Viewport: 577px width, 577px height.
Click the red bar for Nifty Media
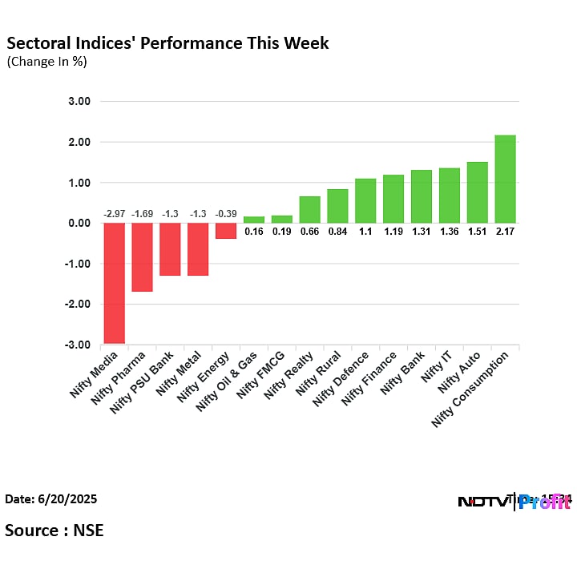point(114,283)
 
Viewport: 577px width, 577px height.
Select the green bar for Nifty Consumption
point(505,180)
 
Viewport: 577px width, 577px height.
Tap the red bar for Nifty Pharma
point(142,257)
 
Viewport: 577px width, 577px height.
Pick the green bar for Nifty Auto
point(477,192)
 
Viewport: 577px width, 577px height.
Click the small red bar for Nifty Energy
point(226,231)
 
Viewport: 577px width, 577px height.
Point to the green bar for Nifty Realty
point(309,210)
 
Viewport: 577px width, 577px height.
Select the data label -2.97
point(114,214)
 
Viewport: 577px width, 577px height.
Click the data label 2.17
point(505,232)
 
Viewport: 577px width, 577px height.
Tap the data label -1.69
point(142,214)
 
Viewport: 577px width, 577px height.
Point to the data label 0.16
point(254,232)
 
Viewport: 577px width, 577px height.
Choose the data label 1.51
point(477,232)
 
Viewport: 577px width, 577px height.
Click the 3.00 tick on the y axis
point(79,102)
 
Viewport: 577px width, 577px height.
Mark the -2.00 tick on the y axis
point(78,305)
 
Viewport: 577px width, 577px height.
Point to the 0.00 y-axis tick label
point(79,224)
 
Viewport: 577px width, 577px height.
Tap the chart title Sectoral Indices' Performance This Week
point(167,43)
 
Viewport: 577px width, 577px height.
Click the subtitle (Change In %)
point(46,62)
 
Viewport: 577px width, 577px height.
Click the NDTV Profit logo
point(513,502)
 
